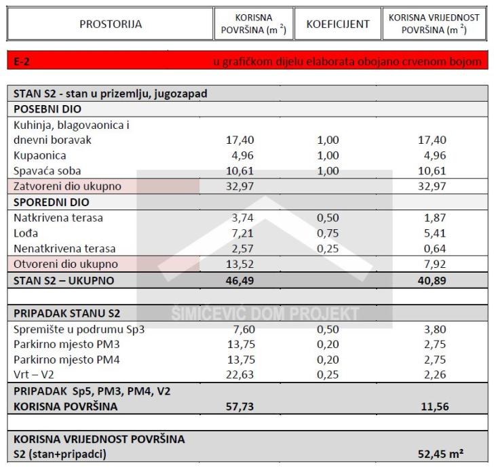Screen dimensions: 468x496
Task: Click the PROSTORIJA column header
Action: pos(111,24)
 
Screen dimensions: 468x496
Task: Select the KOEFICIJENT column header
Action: pos(338,24)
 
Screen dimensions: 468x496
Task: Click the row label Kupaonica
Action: pos(39,155)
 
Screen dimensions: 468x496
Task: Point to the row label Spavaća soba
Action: pos(46,171)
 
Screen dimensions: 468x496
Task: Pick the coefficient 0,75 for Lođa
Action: pos(328,233)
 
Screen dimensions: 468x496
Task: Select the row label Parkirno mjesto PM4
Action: pos(66,360)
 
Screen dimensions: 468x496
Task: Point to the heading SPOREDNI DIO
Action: pos(51,202)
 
